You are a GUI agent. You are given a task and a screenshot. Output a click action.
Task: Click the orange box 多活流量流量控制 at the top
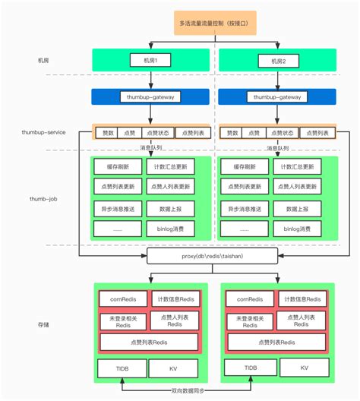tap(215, 23)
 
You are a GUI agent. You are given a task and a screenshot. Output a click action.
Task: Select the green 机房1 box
tap(150, 60)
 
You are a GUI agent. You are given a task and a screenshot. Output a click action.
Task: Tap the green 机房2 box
tap(277, 60)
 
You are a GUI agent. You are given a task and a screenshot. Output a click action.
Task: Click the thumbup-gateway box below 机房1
tap(150, 97)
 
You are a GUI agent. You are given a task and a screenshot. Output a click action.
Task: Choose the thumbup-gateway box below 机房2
tap(277, 97)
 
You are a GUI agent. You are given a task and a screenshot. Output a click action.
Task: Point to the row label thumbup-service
tap(43, 132)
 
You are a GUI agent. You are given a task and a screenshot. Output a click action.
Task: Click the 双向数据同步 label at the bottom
tap(216, 392)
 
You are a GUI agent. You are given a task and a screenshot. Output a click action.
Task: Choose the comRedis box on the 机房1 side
tap(122, 300)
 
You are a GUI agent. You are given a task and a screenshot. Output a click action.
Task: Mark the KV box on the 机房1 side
tap(174, 368)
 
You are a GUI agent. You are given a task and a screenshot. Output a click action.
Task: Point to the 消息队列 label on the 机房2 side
tap(279, 148)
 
